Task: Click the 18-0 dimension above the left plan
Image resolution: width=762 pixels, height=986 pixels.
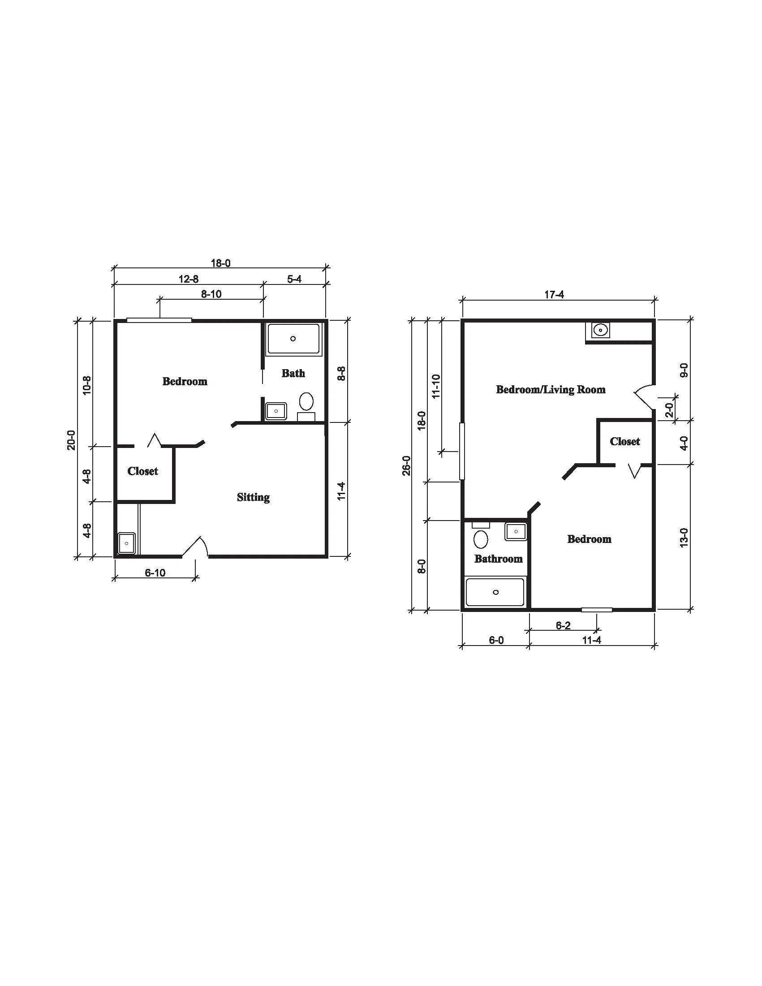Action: pyautogui.click(x=221, y=263)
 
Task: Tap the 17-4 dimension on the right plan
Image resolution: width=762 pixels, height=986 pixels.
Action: pyautogui.click(x=554, y=295)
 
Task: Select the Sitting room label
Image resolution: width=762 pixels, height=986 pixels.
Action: pyautogui.click(x=253, y=497)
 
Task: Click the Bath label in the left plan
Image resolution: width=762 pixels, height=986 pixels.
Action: pyautogui.click(x=293, y=373)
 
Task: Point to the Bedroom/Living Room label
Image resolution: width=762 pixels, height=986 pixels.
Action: pyautogui.click(x=551, y=389)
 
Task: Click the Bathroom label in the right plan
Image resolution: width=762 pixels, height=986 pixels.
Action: pyautogui.click(x=499, y=559)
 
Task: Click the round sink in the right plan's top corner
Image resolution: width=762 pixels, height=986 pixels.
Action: pyautogui.click(x=600, y=330)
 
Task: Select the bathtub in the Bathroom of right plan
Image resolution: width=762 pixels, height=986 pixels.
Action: pyautogui.click(x=495, y=592)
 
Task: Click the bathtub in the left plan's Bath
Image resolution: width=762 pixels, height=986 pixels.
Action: pyautogui.click(x=293, y=339)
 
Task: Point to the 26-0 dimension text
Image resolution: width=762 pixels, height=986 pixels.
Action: pyautogui.click(x=407, y=465)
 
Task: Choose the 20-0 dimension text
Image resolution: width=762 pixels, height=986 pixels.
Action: pyautogui.click(x=71, y=440)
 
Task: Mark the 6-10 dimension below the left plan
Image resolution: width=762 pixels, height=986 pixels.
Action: pyautogui.click(x=155, y=573)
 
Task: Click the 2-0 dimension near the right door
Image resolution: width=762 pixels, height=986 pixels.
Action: pyautogui.click(x=669, y=409)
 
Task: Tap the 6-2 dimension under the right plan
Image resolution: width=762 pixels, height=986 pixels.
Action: pyautogui.click(x=563, y=625)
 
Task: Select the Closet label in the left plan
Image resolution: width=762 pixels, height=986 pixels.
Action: pyautogui.click(x=142, y=471)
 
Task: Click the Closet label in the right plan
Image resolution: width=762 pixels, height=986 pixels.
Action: pyautogui.click(x=625, y=441)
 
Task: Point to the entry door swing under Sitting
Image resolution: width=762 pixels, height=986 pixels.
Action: pyautogui.click(x=196, y=545)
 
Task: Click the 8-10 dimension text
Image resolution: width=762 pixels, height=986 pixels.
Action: pyautogui.click(x=211, y=294)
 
